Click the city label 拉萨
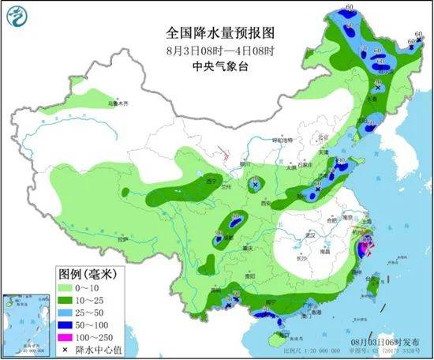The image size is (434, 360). pyautogui.click(x=121, y=238)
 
